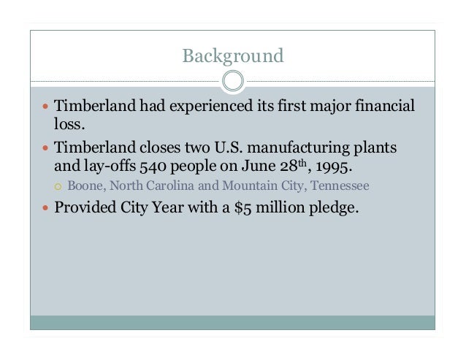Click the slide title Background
tap(232, 55)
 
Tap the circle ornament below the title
tap(232, 80)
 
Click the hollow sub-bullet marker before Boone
tap(59, 186)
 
